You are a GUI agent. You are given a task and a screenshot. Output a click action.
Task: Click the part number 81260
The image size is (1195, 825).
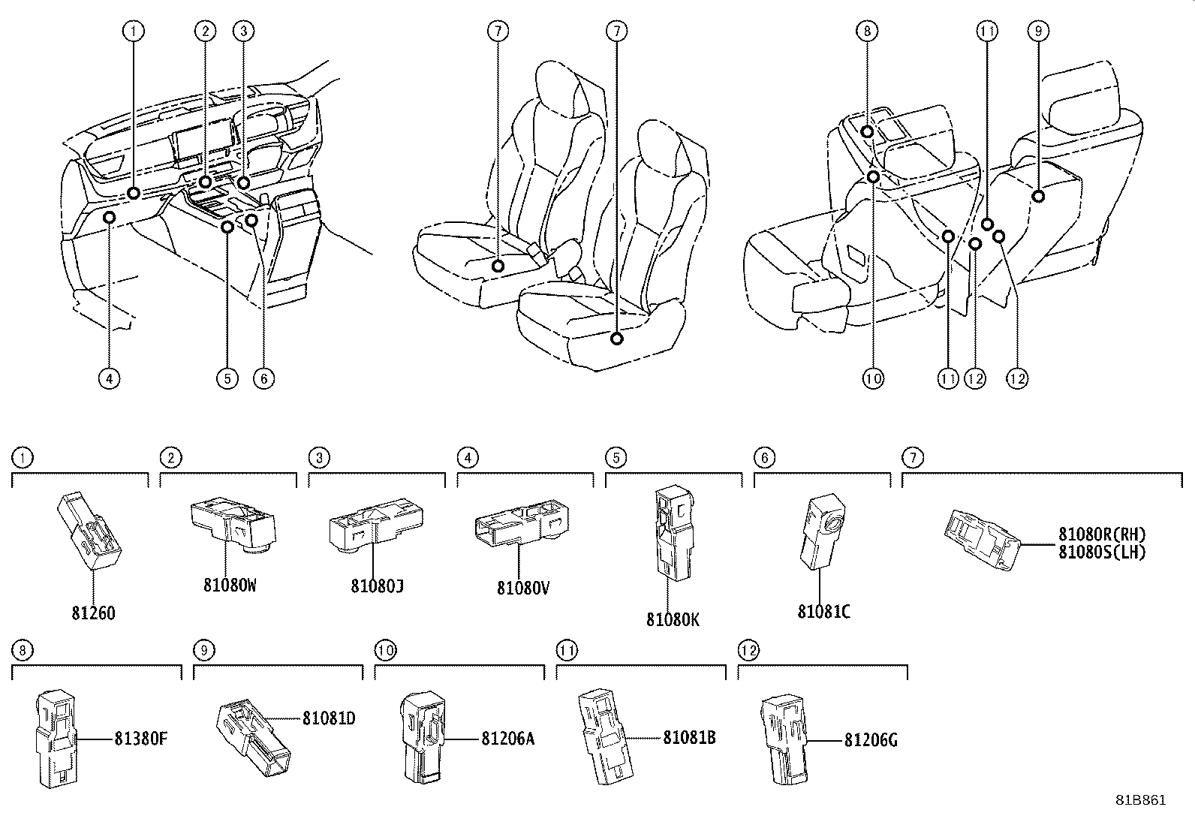[93, 613]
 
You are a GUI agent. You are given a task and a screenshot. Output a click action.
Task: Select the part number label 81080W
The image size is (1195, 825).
[230, 586]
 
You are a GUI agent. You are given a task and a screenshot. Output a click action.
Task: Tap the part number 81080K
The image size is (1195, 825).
[673, 619]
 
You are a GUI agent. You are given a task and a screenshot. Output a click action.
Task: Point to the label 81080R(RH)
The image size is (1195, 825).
[1102, 534]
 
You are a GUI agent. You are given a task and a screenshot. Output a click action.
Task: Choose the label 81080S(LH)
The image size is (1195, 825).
[1102, 553]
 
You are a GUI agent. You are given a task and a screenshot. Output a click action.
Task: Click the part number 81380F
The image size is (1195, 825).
[141, 739]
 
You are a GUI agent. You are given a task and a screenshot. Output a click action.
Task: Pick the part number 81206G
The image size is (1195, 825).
[871, 741]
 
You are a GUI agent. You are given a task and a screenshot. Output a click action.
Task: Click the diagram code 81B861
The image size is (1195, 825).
[1141, 800]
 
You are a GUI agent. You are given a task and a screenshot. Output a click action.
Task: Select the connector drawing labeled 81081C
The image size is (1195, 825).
[823, 531]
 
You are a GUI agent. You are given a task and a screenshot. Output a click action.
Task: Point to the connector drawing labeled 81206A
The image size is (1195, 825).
[423, 737]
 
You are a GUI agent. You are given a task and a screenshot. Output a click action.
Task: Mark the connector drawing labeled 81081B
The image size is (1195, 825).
[606, 736]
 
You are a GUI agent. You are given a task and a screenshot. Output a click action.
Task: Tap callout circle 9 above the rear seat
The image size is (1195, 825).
[1038, 31]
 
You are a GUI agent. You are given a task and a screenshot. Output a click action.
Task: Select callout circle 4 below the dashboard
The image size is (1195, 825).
[110, 379]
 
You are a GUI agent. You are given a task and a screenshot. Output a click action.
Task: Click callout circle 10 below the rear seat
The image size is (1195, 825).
[873, 379]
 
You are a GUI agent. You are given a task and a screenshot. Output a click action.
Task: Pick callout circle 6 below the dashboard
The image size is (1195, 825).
[263, 379]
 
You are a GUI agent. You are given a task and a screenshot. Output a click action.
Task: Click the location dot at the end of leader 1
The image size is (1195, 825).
[134, 193]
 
